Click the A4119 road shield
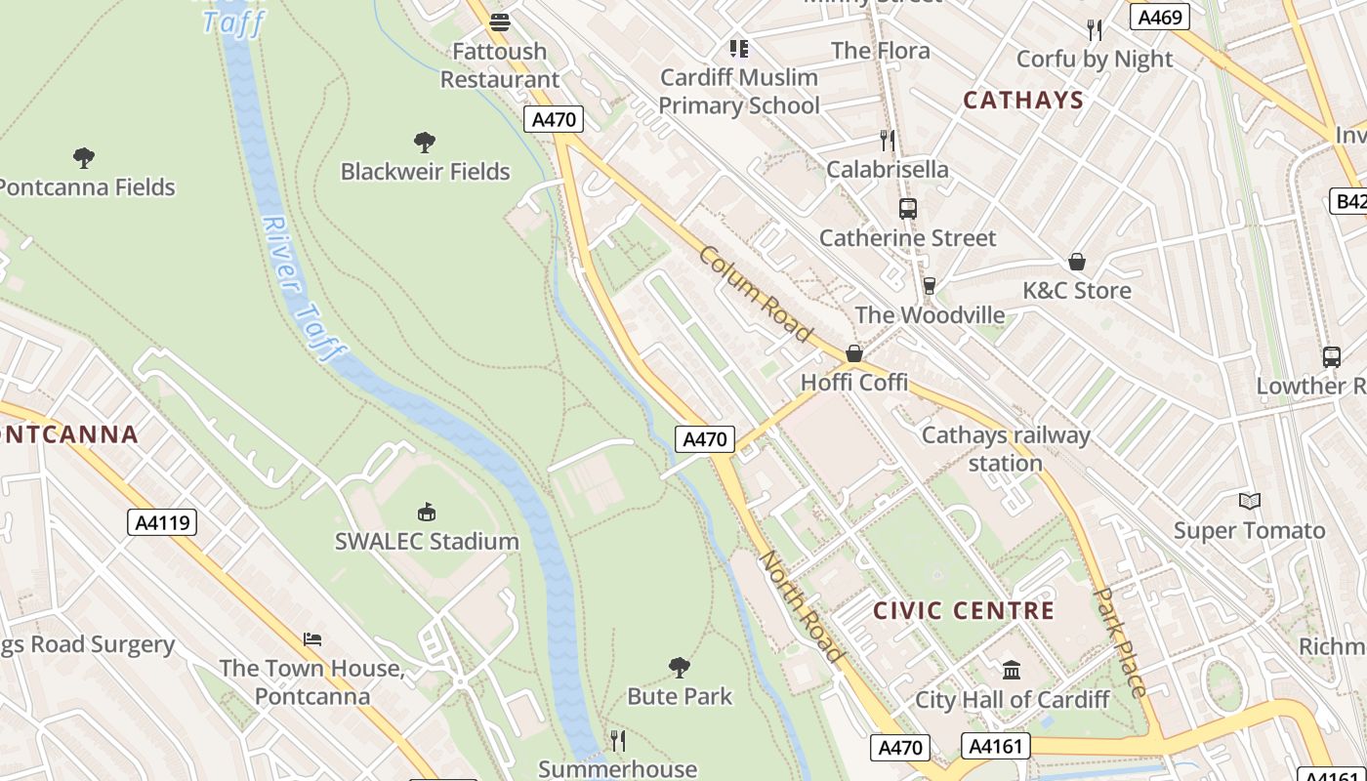click(x=162, y=523)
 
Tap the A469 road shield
click(x=1159, y=17)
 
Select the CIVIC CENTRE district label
click(x=964, y=611)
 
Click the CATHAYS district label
click(x=1023, y=100)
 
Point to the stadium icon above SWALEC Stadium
click(x=427, y=512)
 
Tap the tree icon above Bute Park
click(x=680, y=668)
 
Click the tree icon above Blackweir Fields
click(x=425, y=143)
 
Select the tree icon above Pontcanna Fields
click(x=84, y=157)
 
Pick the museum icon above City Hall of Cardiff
click(x=1012, y=671)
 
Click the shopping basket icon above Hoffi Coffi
click(x=854, y=353)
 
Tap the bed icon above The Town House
click(x=312, y=639)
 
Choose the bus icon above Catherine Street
click(x=908, y=208)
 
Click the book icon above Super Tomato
click(x=1249, y=502)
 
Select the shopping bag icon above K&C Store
click(x=1077, y=262)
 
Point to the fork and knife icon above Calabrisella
click(x=887, y=141)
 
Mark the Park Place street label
click(x=1119, y=641)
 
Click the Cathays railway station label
click(x=1006, y=449)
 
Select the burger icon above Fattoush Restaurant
click(x=500, y=21)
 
